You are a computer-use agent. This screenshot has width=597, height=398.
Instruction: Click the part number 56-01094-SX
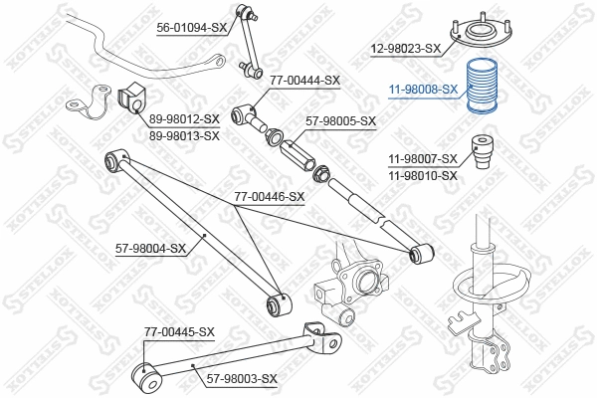[191, 29]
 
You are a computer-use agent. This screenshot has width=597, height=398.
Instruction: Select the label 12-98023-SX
[405, 48]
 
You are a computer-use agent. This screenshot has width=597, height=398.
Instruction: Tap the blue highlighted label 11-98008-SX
[423, 89]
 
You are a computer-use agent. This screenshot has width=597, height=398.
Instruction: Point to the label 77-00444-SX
[304, 81]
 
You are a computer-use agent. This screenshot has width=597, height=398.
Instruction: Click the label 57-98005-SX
[340, 121]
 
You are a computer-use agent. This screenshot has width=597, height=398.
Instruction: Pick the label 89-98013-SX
[184, 136]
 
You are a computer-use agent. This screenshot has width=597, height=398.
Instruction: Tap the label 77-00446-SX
[269, 197]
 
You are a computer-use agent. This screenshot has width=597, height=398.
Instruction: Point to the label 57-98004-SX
[150, 248]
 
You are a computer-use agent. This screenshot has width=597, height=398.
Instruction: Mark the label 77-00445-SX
[179, 331]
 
